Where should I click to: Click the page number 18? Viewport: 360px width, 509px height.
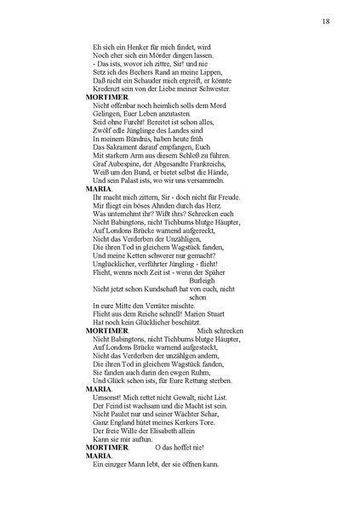click(x=326, y=21)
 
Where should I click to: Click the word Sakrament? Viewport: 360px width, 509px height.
click(x=124, y=147)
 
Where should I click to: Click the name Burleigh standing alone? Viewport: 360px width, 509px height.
click(x=202, y=280)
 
